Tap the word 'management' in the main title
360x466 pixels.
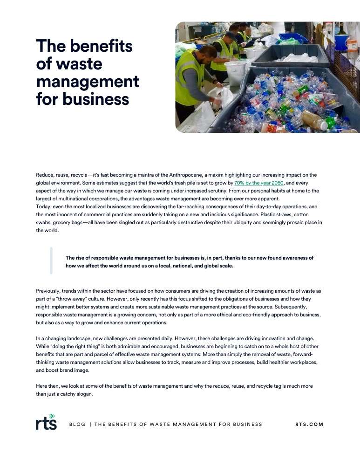(x=88, y=82)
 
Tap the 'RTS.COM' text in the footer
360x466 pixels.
(x=309, y=424)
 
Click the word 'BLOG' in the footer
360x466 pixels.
(x=77, y=424)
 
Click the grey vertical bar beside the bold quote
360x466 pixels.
(x=51, y=261)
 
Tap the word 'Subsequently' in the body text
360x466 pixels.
(x=296, y=308)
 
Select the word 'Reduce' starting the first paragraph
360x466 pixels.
(x=45, y=175)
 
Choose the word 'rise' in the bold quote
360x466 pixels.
(x=81, y=258)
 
